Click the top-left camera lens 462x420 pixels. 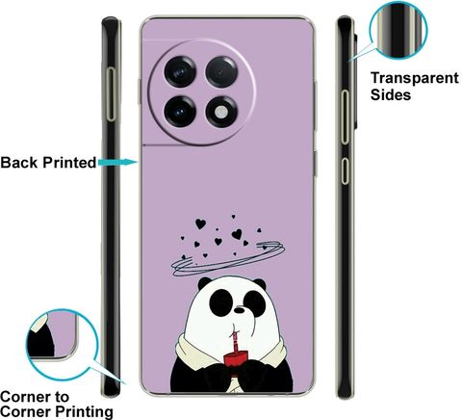point(180,71)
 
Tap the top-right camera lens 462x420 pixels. point(221,71)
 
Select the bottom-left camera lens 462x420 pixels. point(180,112)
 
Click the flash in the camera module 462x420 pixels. point(221,112)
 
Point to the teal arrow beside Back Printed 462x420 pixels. point(117,163)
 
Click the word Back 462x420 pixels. point(19,163)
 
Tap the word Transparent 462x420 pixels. point(415,78)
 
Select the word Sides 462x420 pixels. point(391,95)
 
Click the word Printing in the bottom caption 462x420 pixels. point(84,411)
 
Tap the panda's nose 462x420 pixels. point(239,310)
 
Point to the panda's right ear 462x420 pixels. point(260,283)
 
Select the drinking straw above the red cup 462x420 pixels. point(235,337)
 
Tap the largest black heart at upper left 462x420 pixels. point(200,223)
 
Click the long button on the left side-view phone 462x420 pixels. point(111,94)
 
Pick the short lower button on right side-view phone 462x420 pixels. point(345,171)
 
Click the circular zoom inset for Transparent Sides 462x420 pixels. point(398,30)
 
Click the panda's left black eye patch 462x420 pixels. point(221,302)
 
